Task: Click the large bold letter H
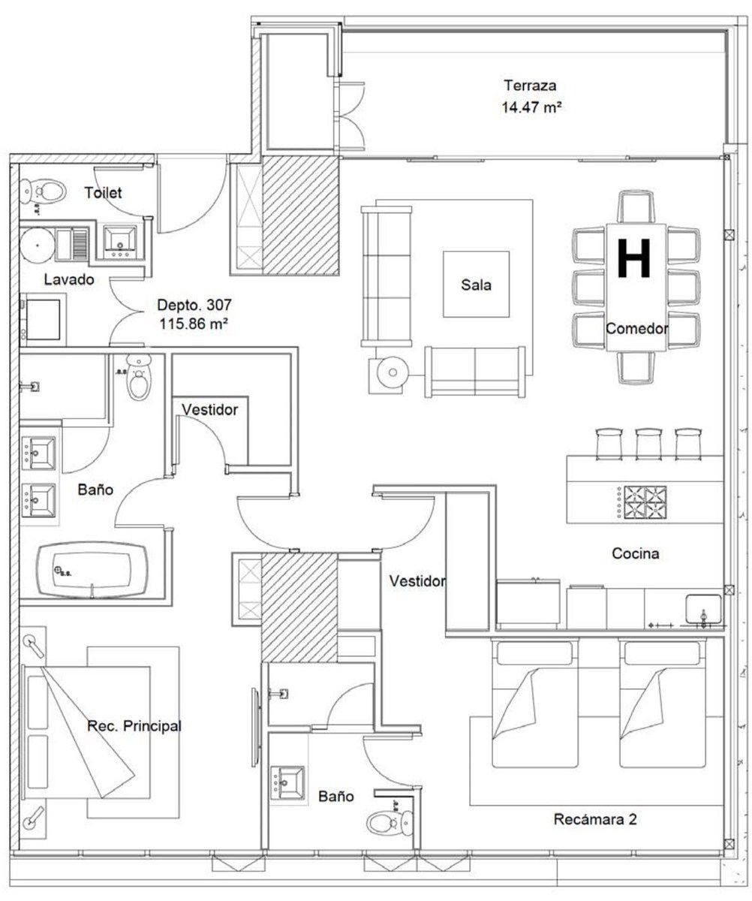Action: tap(633, 258)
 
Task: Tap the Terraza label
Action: tap(530, 86)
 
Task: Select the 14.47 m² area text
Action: tap(531, 107)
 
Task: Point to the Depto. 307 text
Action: tap(194, 305)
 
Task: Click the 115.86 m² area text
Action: tap(194, 324)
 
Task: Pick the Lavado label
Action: tap(69, 279)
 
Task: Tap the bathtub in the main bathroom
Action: tap(92, 570)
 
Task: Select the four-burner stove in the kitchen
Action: tap(642, 502)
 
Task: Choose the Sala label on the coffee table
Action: tap(476, 285)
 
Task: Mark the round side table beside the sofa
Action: tap(393, 372)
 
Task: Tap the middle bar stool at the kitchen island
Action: tap(648, 444)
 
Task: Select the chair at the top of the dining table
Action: tap(636, 207)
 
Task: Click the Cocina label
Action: tap(635, 553)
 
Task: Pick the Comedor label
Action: tap(637, 329)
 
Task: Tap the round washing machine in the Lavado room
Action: tap(38, 245)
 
